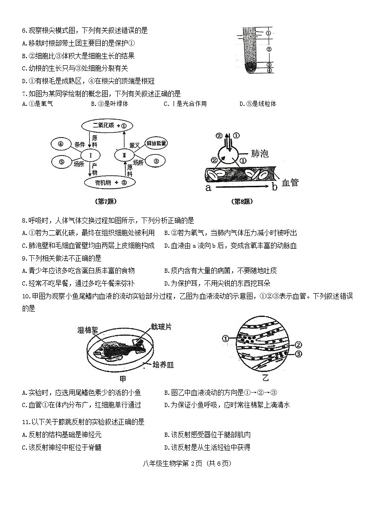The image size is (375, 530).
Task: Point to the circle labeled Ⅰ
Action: [x=89, y=155]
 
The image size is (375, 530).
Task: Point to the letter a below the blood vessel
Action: [x=208, y=188]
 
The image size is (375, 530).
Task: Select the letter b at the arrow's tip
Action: [x=275, y=187]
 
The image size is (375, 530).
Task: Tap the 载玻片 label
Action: [x=161, y=326]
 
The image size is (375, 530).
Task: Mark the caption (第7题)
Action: [x=106, y=201]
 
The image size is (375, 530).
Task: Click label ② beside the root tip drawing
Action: [x=268, y=49]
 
